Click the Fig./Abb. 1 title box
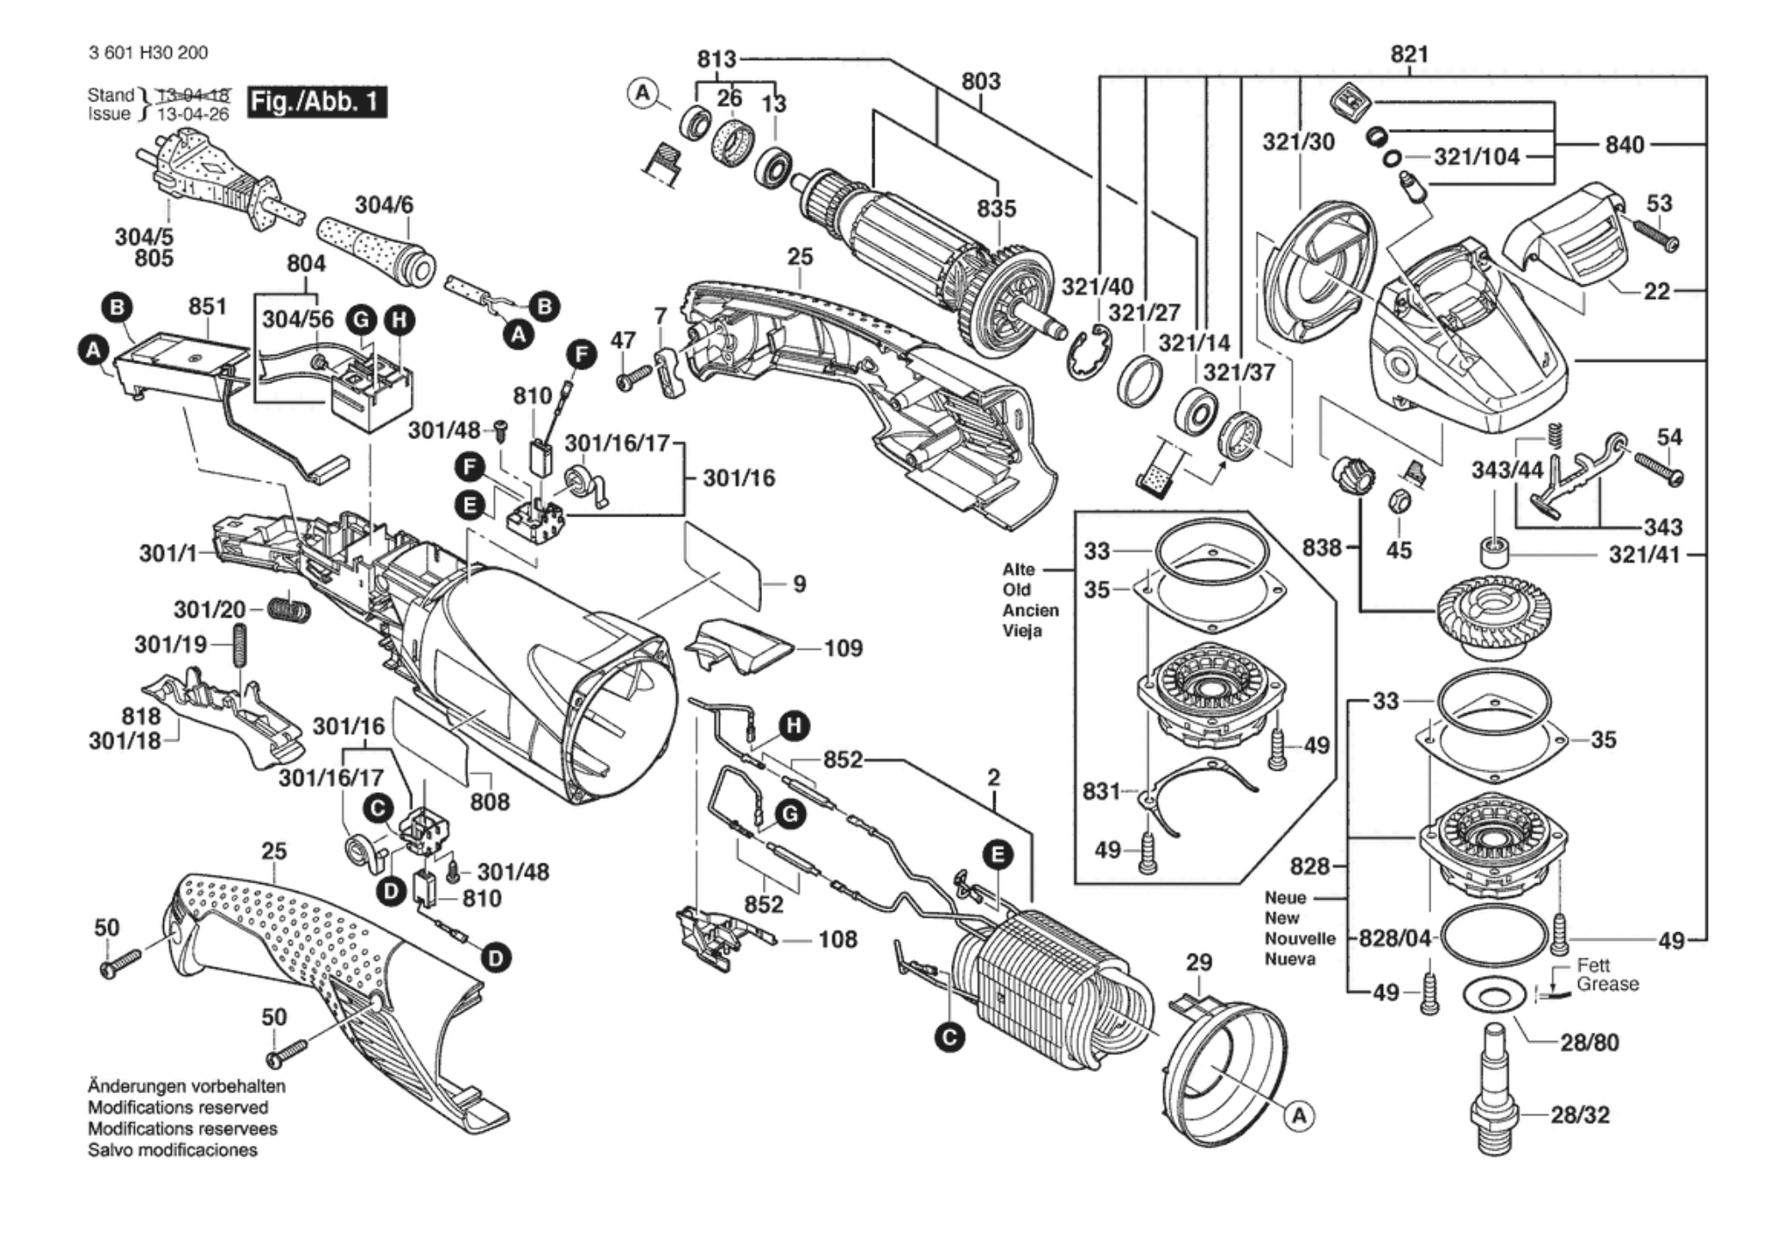[x=316, y=102]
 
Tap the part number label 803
[x=980, y=82]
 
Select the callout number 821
[x=1409, y=54]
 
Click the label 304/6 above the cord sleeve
[x=384, y=204]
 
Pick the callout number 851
[x=207, y=307]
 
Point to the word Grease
[x=1607, y=984]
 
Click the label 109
[x=843, y=648]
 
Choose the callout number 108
[x=838, y=939]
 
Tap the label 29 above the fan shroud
[x=1198, y=962]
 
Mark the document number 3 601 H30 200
[x=148, y=52]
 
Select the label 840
[x=1624, y=144]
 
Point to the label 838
[x=1321, y=546]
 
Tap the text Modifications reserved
[x=178, y=1108]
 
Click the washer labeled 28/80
[x=1495, y=998]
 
